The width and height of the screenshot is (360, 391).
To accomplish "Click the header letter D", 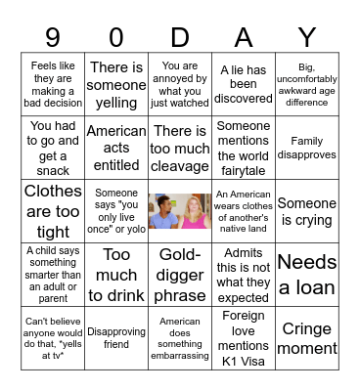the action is (x=180, y=37).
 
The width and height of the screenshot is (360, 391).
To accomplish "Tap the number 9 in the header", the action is (x=53, y=37).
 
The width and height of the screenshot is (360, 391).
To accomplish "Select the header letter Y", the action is (x=307, y=37).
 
